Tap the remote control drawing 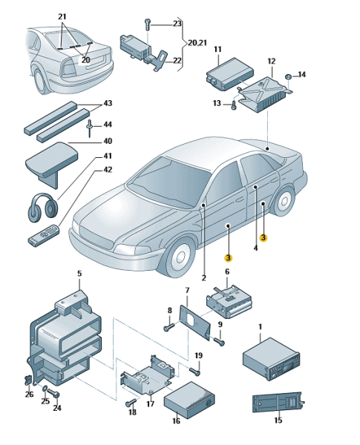(44, 234)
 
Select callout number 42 (107, 170)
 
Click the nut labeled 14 (287, 77)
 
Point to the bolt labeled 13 (234, 105)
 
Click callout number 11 (217, 50)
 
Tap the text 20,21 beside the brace (197, 43)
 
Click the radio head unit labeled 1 (272, 359)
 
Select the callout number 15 (278, 420)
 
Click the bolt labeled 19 (194, 370)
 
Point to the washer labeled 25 (45, 388)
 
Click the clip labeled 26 (28, 379)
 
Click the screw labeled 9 (219, 341)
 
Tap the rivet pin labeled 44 (90, 128)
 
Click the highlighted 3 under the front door (228, 258)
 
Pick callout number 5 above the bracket (79, 274)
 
